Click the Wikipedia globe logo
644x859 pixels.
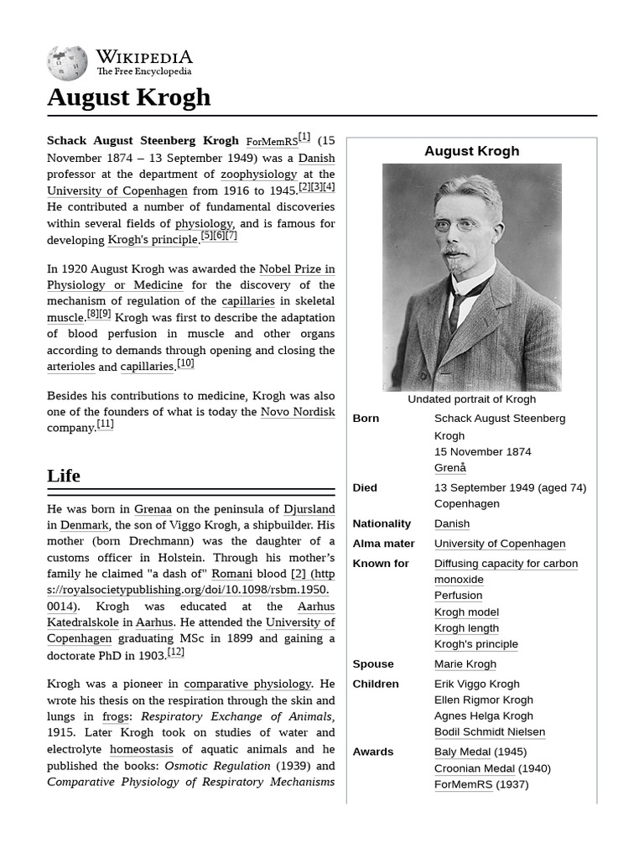(x=67, y=63)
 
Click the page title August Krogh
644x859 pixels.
(x=128, y=97)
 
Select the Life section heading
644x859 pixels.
(x=64, y=476)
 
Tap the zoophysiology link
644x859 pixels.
(x=258, y=174)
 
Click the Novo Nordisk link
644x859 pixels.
(x=298, y=412)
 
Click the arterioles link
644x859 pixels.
(x=71, y=367)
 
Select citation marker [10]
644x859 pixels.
(x=185, y=363)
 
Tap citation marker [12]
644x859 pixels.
(x=175, y=652)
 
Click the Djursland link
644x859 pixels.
(x=309, y=509)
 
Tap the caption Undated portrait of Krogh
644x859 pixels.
(x=471, y=399)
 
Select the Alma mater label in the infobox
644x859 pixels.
(x=383, y=544)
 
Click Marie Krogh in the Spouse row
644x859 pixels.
(x=465, y=664)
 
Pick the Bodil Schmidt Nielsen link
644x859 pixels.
(x=489, y=731)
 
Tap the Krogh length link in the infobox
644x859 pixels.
(x=466, y=628)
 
